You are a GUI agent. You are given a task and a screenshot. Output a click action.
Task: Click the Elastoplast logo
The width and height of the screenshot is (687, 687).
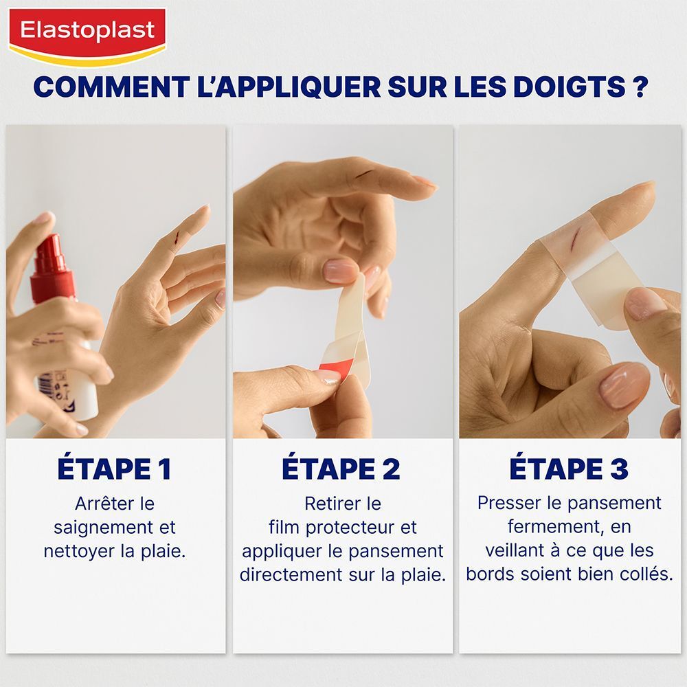[x=87, y=33]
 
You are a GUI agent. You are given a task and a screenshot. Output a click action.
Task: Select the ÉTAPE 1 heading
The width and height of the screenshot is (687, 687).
[x=114, y=469]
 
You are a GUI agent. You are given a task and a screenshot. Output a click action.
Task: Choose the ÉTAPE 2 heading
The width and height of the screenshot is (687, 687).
[x=341, y=469]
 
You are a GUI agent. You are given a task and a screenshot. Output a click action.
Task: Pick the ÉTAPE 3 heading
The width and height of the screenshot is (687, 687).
[x=569, y=469]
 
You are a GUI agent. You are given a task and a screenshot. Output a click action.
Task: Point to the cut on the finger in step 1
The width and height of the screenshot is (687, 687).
[x=177, y=238]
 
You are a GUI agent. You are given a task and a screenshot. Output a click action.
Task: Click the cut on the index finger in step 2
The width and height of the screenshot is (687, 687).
[x=368, y=174]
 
